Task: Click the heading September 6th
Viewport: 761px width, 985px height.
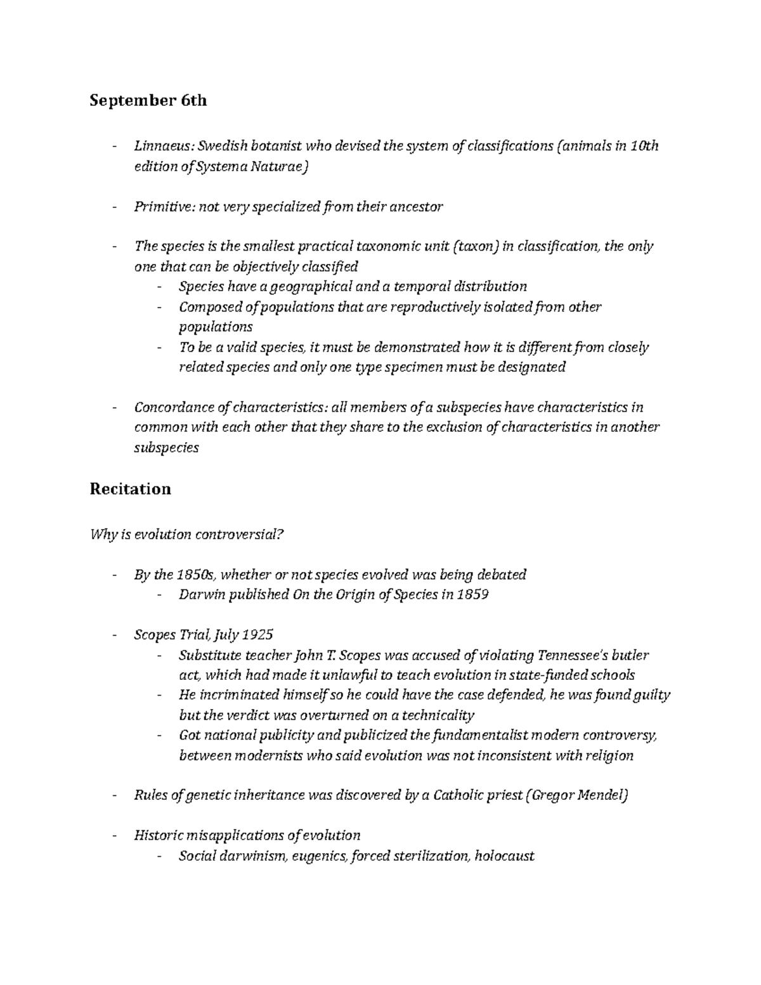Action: (x=148, y=101)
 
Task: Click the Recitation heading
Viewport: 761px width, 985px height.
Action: (x=130, y=489)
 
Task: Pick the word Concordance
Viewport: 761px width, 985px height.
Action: (x=170, y=407)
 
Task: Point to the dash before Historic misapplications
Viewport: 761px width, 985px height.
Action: (x=114, y=835)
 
